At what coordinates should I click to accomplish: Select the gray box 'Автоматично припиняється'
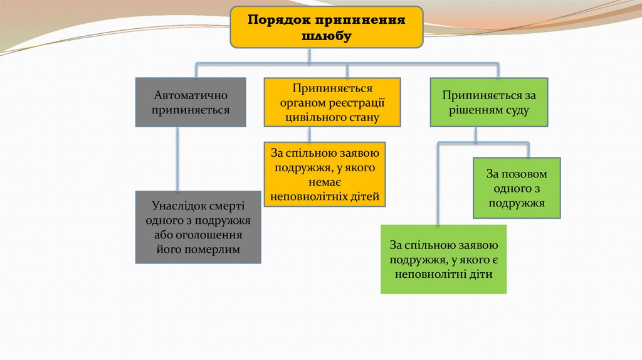point(191,102)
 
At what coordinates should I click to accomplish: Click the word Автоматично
point(191,95)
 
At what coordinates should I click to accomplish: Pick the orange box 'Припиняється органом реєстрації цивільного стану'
point(332,102)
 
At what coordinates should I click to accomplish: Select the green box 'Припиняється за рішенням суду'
point(489,102)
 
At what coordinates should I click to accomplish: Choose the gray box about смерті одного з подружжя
point(198,227)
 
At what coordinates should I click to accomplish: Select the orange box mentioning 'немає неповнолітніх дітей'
point(325,174)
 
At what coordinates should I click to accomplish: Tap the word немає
point(325,182)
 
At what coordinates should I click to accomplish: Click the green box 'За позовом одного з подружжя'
point(517,188)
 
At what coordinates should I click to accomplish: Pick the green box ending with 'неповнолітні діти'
point(444,259)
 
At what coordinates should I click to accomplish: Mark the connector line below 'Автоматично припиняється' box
point(178,159)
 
